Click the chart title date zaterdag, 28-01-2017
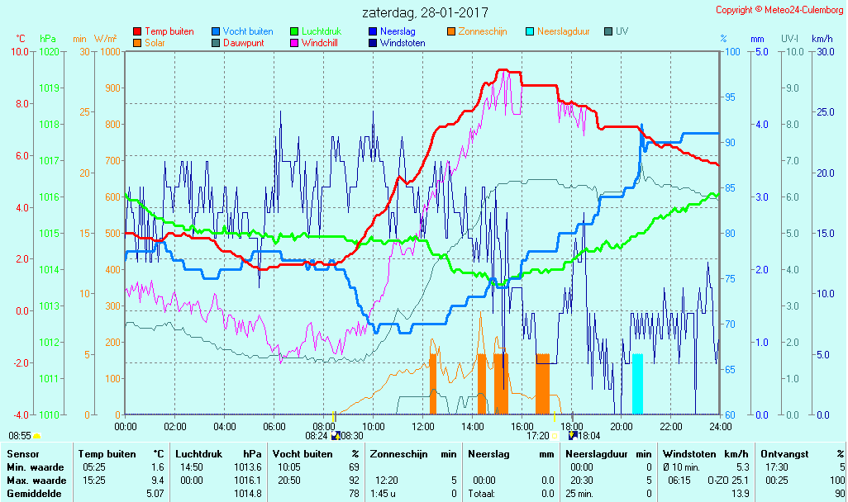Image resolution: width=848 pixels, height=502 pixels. pyautogui.click(x=425, y=13)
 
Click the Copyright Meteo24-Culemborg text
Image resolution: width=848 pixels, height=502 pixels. pyautogui.click(x=779, y=10)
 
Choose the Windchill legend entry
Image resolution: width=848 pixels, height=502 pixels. pyautogui.click(x=318, y=43)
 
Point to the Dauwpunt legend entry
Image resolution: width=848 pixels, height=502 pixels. pyautogui.click(x=243, y=43)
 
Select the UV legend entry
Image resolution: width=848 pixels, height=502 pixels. pyautogui.click(x=622, y=31)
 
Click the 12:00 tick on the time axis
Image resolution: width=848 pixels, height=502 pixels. pyautogui.click(x=423, y=426)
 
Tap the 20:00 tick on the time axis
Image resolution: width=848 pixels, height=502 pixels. pyautogui.click(x=622, y=426)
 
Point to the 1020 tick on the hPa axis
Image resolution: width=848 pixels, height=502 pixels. pyautogui.click(x=49, y=51)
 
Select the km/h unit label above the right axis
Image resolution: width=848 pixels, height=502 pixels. pyautogui.click(x=822, y=39)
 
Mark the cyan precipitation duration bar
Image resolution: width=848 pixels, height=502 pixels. pyautogui.click(x=637, y=384)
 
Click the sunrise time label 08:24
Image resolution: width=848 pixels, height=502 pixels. pyautogui.click(x=317, y=435)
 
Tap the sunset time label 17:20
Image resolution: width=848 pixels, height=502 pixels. pyautogui.click(x=538, y=435)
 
